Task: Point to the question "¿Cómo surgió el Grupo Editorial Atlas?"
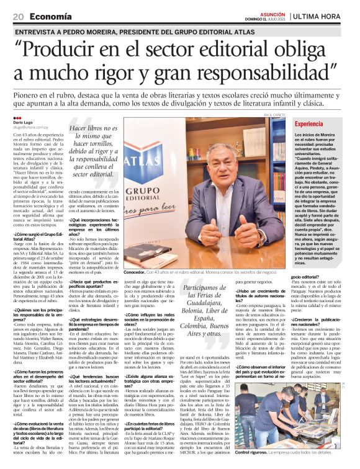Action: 38,237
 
